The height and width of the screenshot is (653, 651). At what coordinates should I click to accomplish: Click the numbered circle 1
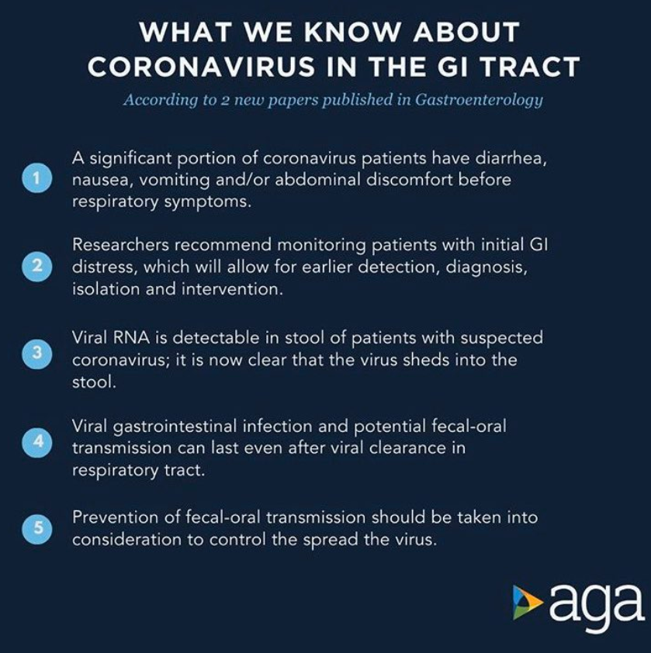(37, 178)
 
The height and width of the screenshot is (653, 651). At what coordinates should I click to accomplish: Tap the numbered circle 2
(37, 266)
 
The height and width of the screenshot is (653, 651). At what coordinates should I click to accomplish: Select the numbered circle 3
(37, 353)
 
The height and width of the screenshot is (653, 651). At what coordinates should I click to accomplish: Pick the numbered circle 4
(37, 442)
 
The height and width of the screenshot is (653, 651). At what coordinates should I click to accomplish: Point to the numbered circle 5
(37, 528)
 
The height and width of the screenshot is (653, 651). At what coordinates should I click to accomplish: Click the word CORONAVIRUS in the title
(201, 67)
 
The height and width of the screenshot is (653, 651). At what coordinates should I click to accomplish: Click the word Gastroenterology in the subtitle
(479, 100)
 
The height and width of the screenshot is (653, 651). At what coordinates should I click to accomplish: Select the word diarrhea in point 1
(511, 158)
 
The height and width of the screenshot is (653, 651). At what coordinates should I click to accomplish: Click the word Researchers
(120, 245)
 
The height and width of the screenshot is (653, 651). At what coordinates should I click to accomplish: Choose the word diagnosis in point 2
(487, 267)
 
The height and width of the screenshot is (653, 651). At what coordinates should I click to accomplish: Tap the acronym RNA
(131, 337)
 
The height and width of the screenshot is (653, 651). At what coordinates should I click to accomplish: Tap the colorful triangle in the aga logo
(528, 602)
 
